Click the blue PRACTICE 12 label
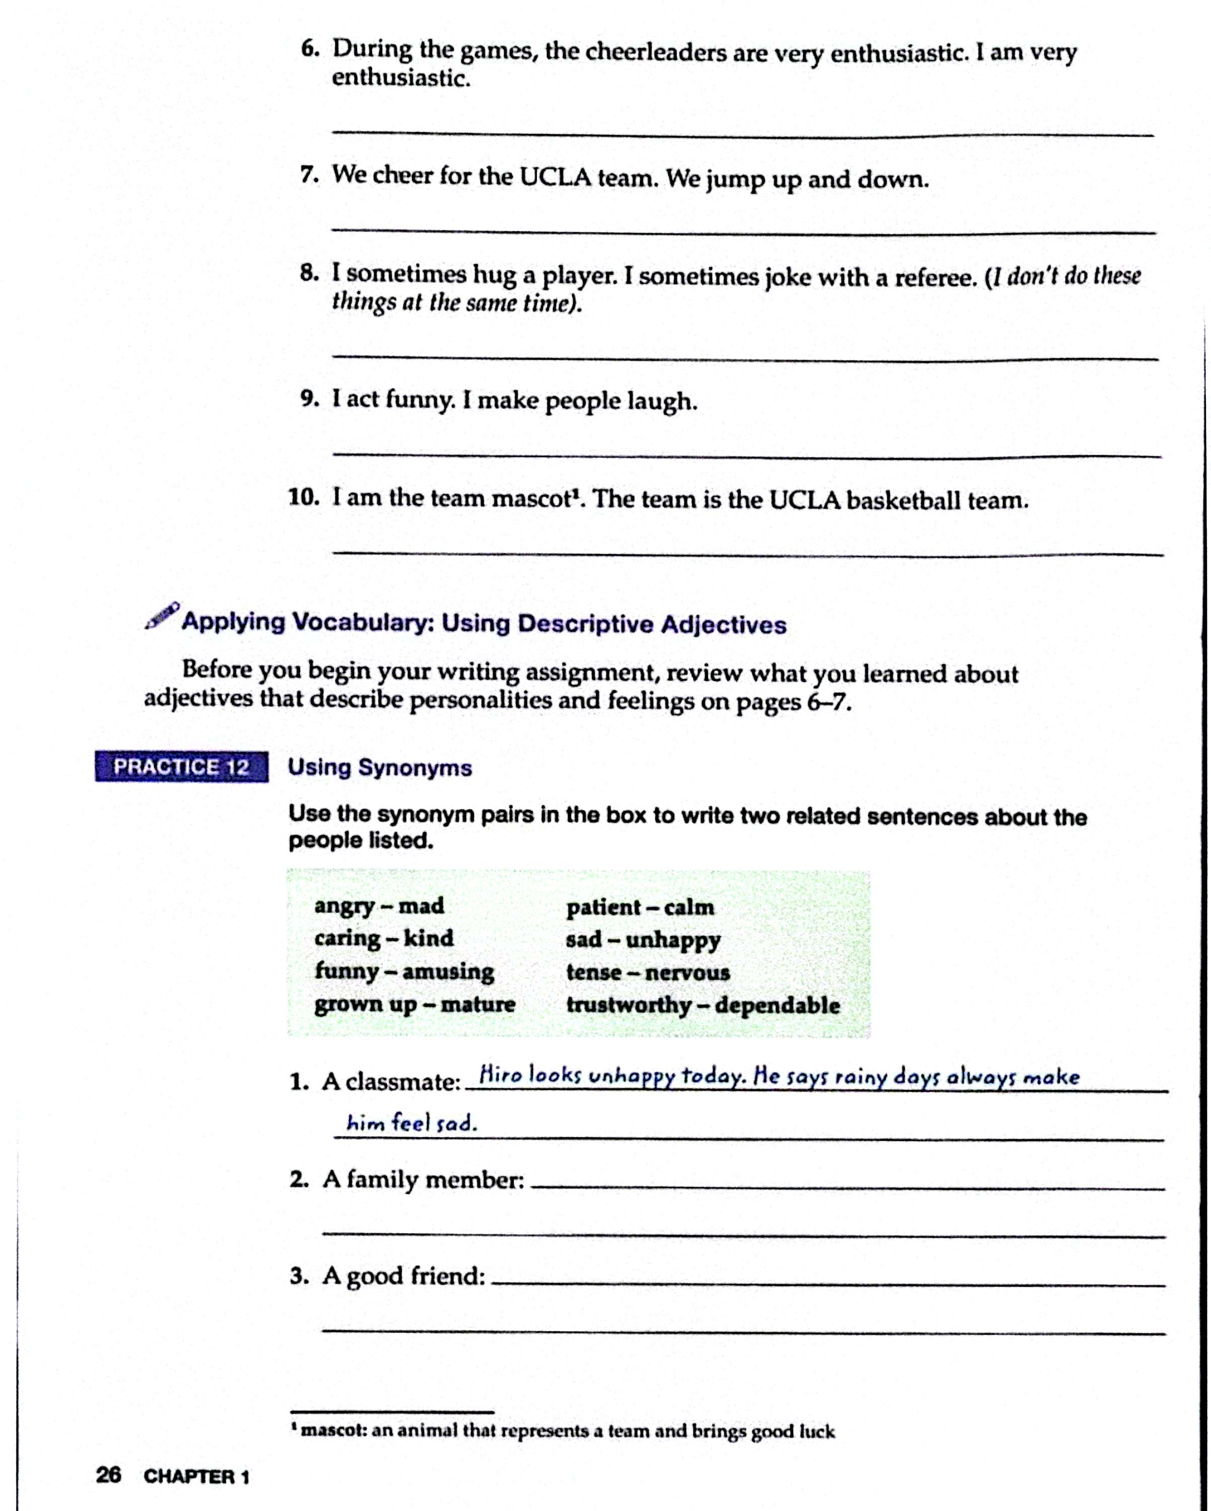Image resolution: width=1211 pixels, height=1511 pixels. pos(181,767)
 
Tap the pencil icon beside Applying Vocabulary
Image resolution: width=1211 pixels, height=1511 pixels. pos(162,616)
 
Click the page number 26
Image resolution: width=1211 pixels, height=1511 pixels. pos(109,1475)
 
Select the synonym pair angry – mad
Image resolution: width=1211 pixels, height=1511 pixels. pos(379,906)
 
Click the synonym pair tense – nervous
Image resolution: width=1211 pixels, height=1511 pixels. pos(648,972)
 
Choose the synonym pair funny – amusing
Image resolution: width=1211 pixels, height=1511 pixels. pos(404,972)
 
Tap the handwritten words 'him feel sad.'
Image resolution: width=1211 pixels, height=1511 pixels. pos(412,1124)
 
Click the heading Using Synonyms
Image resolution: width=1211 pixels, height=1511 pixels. pos(380,768)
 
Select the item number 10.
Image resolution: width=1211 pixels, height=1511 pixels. pos(304,498)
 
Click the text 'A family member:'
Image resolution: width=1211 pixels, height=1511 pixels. pos(423,1180)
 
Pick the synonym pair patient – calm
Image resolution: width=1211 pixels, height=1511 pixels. pos(640,907)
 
